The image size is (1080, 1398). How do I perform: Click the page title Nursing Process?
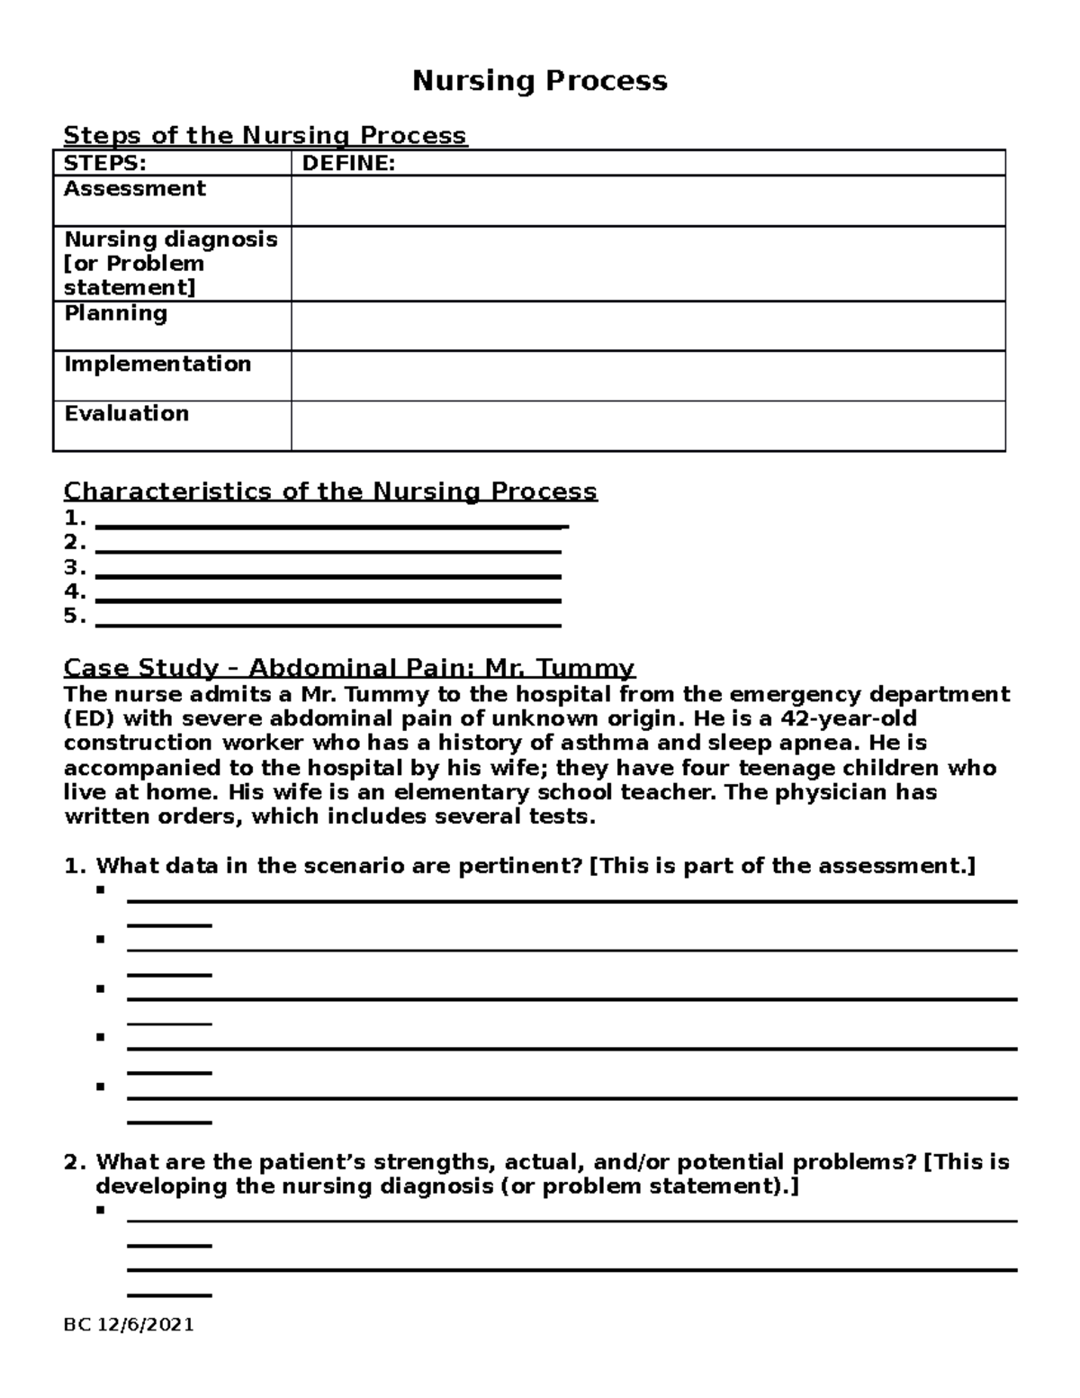[539, 81]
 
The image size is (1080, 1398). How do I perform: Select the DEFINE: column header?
[347, 163]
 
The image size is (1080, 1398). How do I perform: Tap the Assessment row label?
[134, 188]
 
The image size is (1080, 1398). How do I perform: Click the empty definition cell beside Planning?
[647, 326]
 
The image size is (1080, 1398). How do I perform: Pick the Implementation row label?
[157, 364]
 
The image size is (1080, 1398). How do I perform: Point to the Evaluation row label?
[126, 413]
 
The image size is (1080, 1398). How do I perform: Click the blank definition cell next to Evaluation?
[647, 426]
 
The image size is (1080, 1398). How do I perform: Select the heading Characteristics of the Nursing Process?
[329, 492]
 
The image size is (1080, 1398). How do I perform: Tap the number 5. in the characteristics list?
[75, 617]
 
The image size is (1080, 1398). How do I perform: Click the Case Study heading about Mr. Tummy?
[349, 668]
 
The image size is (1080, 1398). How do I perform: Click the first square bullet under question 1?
[100, 890]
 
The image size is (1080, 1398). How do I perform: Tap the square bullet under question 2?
[100, 1210]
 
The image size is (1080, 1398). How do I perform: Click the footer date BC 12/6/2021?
[129, 1325]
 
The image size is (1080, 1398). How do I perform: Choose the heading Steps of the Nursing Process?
[265, 136]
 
